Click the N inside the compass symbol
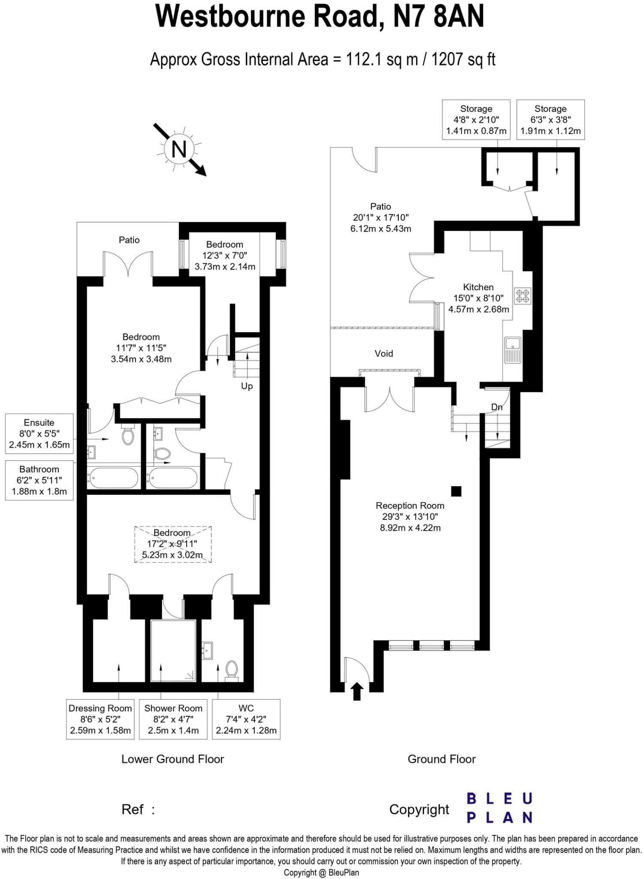[x=179, y=150]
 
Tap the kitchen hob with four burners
[x=523, y=296]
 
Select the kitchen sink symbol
[x=512, y=349]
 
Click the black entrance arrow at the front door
[x=357, y=691]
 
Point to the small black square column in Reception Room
[x=456, y=491]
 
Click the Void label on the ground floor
[x=383, y=353]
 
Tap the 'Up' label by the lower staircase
[x=247, y=386]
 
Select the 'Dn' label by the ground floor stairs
[x=497, y=407]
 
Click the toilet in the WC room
[x=232, y=670]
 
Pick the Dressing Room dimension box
[x=100, y=719]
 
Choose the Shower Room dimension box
[x=173, y=719]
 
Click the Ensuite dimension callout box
[x=39, y=433]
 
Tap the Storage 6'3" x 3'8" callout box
[x=551, y=120]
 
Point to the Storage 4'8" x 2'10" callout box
[x=476, y=120]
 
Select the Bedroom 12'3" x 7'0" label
[x=225, y=255]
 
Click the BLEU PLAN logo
[x=499, y=808]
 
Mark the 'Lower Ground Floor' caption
[x=172, y=759]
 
